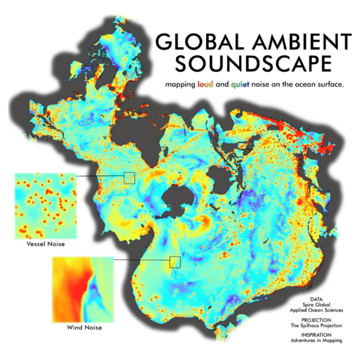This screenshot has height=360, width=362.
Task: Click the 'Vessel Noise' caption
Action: click(x=45, y=245)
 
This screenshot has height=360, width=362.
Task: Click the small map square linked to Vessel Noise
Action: click(x=129, y=177)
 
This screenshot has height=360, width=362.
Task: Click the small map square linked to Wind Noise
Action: click(x=175, y=261)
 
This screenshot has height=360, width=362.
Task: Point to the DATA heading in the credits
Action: click(x=316, y=298)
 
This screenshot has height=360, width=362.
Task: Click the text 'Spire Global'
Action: click(x=316, y=304)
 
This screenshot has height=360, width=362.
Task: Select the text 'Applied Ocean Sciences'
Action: click(x=316, y=310)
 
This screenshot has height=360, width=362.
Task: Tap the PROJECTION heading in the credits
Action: click(x=316, y=320)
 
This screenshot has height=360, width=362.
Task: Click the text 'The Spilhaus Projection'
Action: click(x=316, y=326)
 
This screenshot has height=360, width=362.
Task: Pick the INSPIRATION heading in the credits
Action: click(x=316, y=335)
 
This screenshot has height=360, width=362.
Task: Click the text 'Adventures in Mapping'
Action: click(x=316, y=341)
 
